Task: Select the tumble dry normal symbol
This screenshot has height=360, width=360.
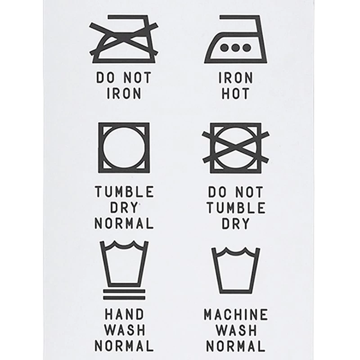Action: click(x=124, y=148)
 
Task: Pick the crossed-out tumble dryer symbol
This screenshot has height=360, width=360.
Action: click(x=236, y=147)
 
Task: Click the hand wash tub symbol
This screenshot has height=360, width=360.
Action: click(x=124, y=263)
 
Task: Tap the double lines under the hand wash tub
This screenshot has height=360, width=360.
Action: click(x=124, y=294)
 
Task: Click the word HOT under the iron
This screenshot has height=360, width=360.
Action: click(x=236, y=94)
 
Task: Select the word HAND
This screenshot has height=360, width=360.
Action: click(x=124, y=314)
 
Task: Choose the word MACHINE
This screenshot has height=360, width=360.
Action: click(x=236, y=314)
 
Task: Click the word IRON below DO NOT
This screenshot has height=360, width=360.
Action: click(x=124, y=94)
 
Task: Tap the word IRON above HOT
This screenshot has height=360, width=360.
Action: click(x=236, y=77)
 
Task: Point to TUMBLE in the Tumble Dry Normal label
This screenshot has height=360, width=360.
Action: click(x=124, y=192)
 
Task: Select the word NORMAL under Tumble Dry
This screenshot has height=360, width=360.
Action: click(x=124, y=223)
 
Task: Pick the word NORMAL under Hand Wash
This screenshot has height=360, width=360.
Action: click(x=124, y=346)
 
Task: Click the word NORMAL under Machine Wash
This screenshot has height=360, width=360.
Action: click(x=236, y=346)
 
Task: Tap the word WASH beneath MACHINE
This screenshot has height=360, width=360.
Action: click(x=236, y=330)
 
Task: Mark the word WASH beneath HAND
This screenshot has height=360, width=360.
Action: click(x=124, y=330)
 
